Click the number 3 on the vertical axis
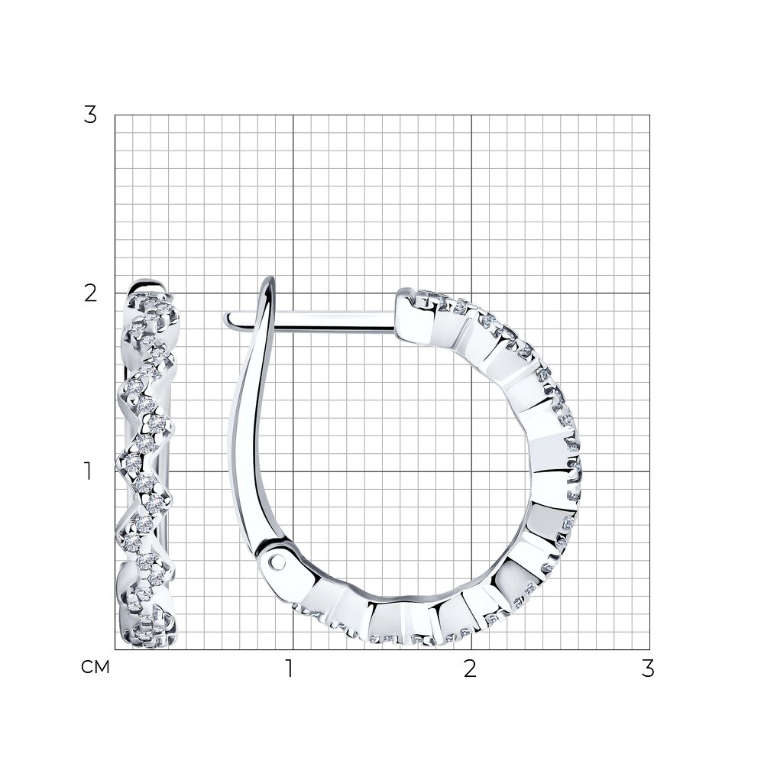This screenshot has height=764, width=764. [90, 115]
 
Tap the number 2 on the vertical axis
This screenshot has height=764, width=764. [90, 293]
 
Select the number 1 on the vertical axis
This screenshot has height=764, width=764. [88, 471]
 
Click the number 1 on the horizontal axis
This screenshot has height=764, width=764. [290, 669]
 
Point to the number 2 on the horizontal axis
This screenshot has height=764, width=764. [470, 669]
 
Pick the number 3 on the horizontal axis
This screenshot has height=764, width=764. [648, 669]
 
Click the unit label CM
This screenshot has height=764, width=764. [95, 668]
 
